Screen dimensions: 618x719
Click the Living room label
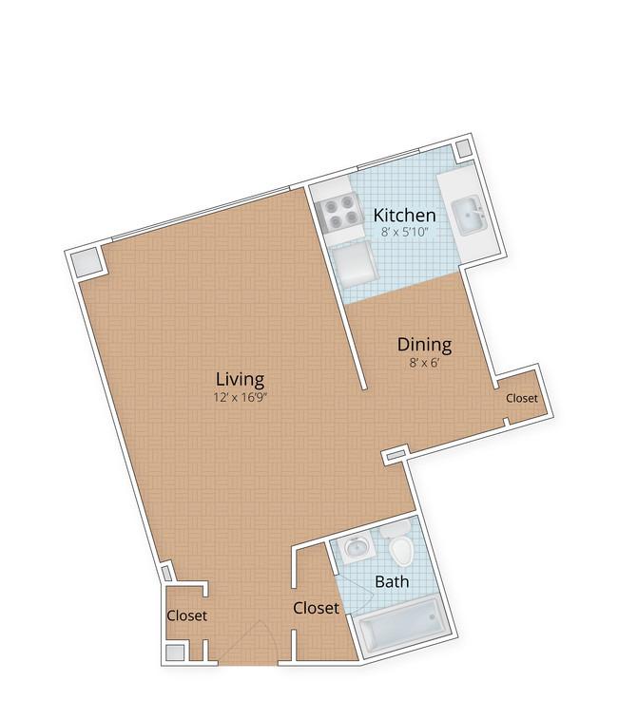240,380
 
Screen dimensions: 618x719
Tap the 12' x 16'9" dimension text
241,397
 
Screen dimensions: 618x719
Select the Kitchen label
404,215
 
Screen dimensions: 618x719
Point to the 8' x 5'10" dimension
404,232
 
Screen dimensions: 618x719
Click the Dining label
424,345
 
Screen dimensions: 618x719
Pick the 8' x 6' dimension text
424,363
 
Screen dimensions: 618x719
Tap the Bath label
392,582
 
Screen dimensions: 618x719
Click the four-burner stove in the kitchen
338,211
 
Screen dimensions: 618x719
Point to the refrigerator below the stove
354,263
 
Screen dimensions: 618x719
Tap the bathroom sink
356,547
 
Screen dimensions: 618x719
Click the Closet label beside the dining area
522,398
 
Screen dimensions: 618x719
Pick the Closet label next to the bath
316,608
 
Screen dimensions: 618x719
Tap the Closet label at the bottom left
187,615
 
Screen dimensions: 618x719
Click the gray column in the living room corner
87,262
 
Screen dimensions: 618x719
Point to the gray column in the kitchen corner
463,148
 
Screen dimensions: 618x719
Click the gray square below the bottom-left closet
175,653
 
